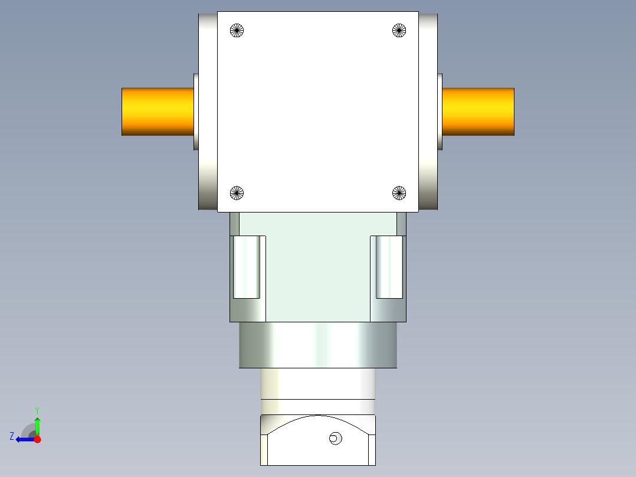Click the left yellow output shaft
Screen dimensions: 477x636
pos(158,112)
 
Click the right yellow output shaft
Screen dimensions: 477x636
pos(478,112)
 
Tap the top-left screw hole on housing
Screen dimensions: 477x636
pos(237,30)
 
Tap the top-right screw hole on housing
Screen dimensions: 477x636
pos(399,30)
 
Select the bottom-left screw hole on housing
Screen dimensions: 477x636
pos(237,192)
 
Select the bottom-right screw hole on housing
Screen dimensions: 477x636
pos(399,192)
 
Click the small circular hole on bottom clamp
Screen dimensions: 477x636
pos(335,438)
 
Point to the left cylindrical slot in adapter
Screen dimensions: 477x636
pos(247,267)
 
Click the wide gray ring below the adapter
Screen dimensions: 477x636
pos(318,345)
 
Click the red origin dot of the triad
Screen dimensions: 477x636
pos(37,439)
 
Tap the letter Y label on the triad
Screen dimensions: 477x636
pos(37,410)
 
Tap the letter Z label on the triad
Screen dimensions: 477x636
pos(12,436)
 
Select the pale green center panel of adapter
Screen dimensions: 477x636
pos(318,266)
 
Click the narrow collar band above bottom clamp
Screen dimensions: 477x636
pos(318,407)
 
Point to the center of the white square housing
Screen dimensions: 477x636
pos(318,112)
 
